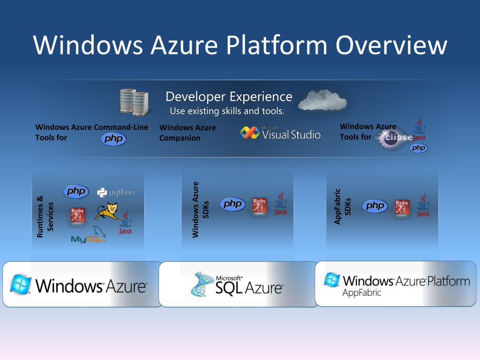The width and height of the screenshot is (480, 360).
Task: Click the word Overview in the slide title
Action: pyautogui.click(x=391, y=45)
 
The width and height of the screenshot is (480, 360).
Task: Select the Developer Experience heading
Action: pyautogui.click(x=229, y=97)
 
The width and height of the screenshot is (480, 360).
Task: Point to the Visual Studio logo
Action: pyautogui.click(x=280, y=133)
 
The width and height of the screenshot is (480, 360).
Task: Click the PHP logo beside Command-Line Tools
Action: pyautogui.click(x=113, y=139)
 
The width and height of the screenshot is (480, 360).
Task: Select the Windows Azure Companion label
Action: pyautogui.click(x=187, y=133)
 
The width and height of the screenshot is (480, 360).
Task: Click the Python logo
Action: pyautogui.click(x=115, y=192)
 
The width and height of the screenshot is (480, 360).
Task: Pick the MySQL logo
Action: pyautogui.click(x=89, y=237)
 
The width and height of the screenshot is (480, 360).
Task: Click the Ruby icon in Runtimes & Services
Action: pyautogui.click(x=77, y=215)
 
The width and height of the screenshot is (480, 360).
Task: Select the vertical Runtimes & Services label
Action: pyautogui.click(x=45, y=217)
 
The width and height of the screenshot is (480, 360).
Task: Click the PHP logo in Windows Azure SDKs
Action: pyautogui.click(x=232, y=204)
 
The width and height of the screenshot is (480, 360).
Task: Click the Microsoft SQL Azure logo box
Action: pyautogui.click(x=239, y=284)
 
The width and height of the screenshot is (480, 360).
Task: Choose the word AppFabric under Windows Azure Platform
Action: pyautogui.click(x=361, y=293)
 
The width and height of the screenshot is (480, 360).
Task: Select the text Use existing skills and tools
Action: pyautogui.click(x=227, y=111)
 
